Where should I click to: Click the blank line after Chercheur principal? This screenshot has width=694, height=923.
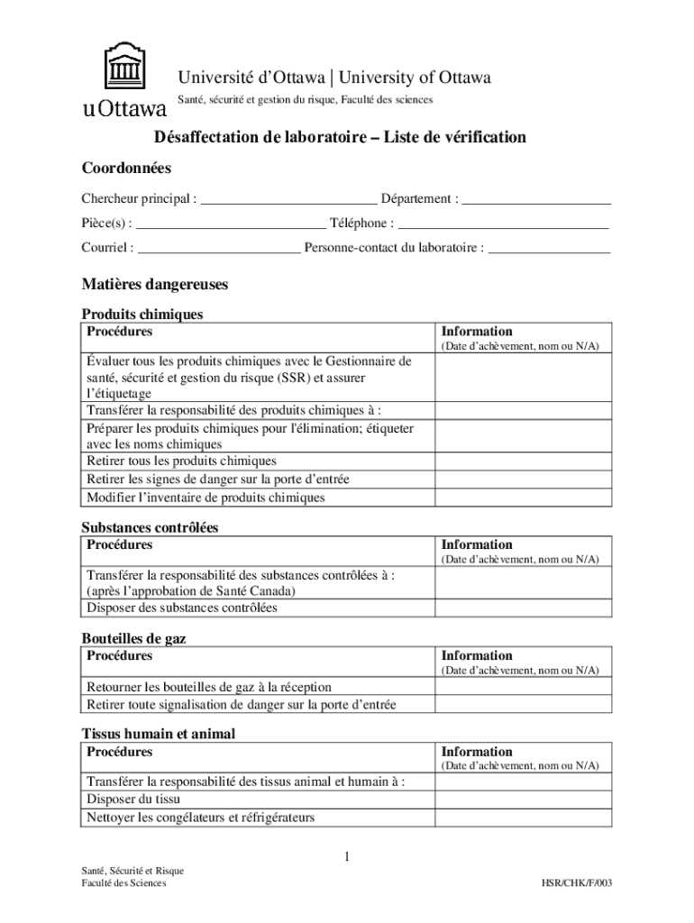click(x=288, y=199)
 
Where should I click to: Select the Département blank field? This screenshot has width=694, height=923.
click(x=537, y=199)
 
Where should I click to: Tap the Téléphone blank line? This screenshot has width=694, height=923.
click(x=503, y=224)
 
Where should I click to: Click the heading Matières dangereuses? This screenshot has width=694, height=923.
click(x=155, y=285)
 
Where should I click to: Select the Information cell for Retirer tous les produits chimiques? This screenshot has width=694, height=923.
click(x=523, y=461)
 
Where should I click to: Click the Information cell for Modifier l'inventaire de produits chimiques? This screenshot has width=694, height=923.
click(x=523, y=498)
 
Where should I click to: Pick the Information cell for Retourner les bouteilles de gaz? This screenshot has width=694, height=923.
click(x=523, y=687)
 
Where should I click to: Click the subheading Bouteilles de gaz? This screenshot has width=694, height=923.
click(x=134, y=638)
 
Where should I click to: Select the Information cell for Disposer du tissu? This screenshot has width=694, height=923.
click(x=523, y=800)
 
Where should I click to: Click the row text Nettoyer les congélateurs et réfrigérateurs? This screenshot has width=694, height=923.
click(x=201, y=818)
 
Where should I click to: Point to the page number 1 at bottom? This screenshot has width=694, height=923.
click(x=347, y=857)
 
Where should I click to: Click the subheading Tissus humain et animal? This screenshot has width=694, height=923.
click(x=159, y=734)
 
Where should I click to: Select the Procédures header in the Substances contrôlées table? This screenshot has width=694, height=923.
click(x=120, y=544)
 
